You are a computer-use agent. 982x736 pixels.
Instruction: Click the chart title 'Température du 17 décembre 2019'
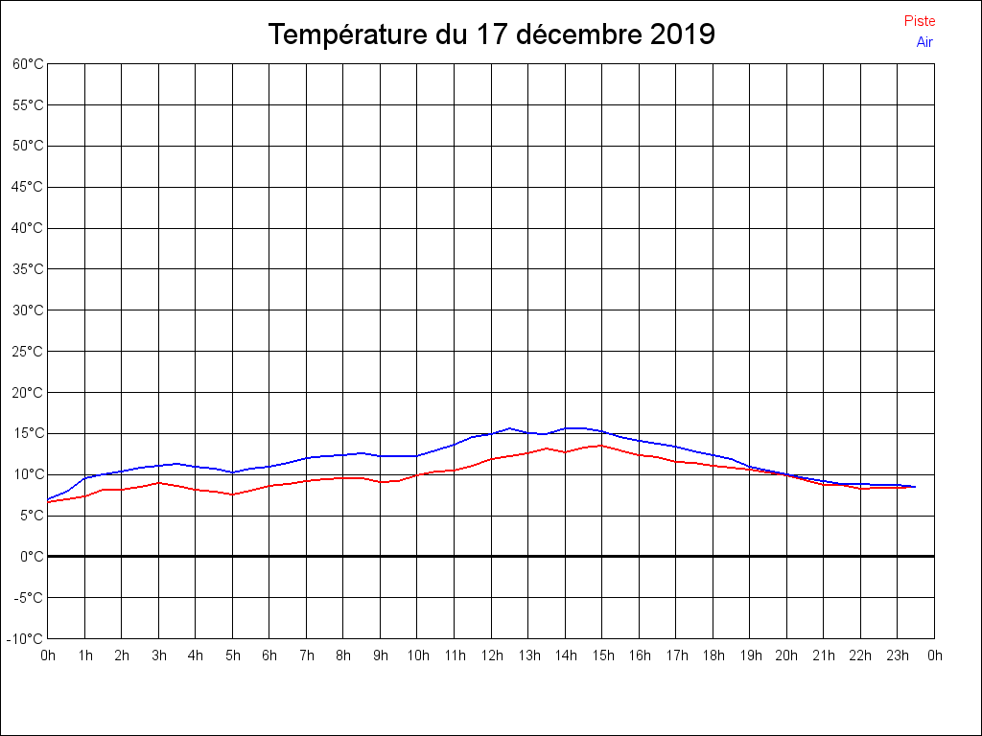coord(491,34)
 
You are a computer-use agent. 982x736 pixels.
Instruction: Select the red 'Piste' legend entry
coord(919,21)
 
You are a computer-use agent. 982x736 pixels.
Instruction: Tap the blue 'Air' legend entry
coord(924,42)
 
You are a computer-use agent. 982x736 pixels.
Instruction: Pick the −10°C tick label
coord(26,638)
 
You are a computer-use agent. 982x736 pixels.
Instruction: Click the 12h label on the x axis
coord(491,656)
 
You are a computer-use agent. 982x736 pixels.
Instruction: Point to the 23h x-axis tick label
coord(898,656)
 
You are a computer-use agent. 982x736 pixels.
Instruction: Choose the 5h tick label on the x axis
coord(232,656)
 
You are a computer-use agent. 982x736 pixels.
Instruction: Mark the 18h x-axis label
coord(713,656)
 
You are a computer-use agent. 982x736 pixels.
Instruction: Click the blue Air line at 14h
coord(566,428)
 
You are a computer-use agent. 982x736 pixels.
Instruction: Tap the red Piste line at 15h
coord(602,445)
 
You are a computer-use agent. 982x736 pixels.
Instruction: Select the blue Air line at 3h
coord(158,466)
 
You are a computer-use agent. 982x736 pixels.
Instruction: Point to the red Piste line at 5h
coord(232,494)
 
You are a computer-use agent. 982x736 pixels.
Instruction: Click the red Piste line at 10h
coord(417,474)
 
